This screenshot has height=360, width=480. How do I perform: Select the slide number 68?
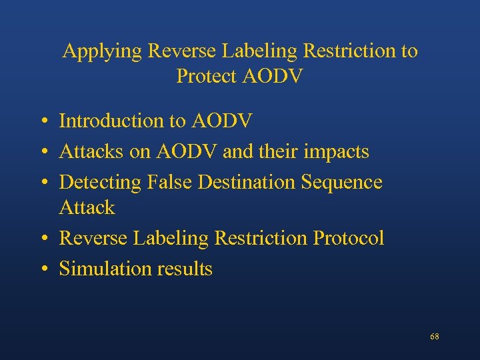(434, 337)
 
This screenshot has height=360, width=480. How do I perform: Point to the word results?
(185, 269)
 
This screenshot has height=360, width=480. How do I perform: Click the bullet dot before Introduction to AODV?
(42, 122)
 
